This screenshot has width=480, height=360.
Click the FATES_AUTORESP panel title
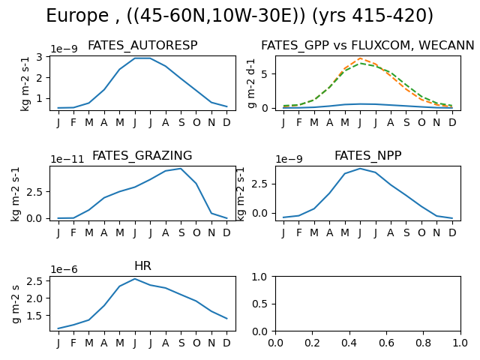142,46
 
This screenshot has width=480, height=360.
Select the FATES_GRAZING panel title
142,155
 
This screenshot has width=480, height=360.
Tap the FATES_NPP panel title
368,155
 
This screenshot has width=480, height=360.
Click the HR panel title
142,265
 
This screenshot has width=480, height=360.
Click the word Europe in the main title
77,15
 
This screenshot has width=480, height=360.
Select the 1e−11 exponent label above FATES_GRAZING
67,159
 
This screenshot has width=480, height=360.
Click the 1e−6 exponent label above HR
64,269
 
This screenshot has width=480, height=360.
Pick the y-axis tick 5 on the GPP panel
265,74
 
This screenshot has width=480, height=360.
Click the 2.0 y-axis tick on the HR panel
36,298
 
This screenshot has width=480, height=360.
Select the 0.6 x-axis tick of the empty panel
386,343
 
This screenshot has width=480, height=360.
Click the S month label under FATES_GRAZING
181,233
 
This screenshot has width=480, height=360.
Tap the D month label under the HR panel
226,343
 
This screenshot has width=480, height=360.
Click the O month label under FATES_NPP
421,233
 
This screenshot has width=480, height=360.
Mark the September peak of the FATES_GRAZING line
181,169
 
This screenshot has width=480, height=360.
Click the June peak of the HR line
135,279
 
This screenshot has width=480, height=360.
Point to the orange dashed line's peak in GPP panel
360,58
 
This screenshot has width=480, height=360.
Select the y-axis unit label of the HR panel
16,304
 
